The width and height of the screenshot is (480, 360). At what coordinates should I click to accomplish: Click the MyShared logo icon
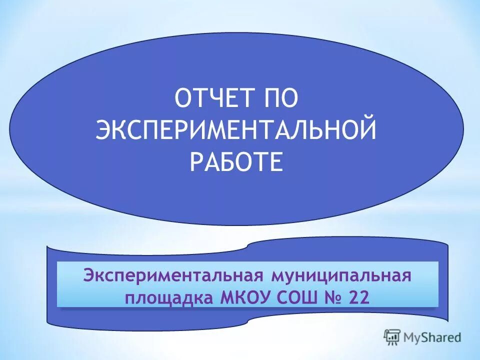click(391, 337)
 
